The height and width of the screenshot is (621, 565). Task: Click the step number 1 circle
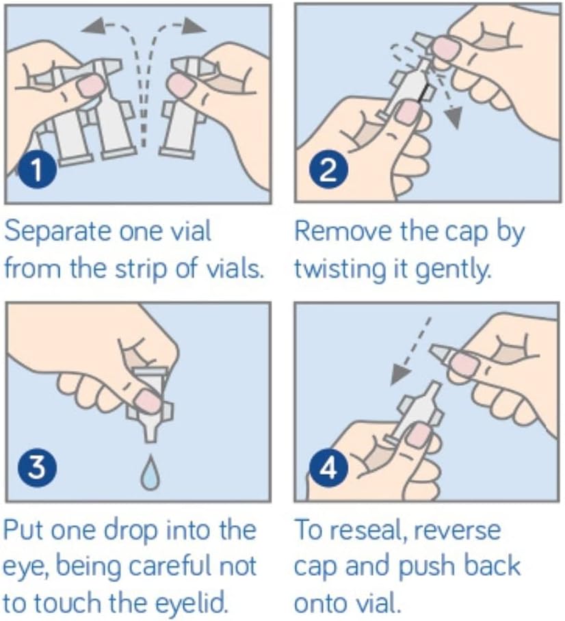(37, 169)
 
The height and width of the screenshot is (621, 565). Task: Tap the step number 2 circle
(328, 171)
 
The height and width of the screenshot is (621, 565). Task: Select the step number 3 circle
(37, 466)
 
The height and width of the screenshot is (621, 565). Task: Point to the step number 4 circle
(328, 467)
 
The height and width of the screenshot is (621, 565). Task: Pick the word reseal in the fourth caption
(368, 530)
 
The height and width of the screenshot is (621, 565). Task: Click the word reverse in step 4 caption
(457, 530)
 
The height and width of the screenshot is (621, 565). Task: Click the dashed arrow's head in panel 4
(399, 375)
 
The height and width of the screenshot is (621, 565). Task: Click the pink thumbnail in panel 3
(147, 401)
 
